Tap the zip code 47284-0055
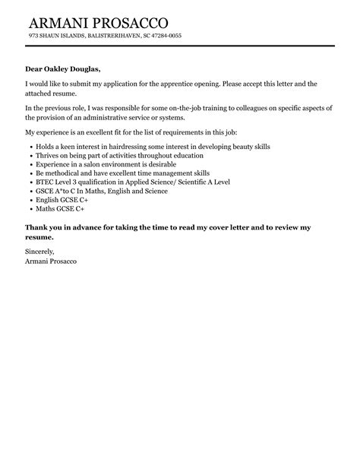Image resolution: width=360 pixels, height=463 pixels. point(166,36)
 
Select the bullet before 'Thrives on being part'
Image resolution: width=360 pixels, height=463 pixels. point(29,154)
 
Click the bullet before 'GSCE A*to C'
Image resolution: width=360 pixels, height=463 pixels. point(29,192)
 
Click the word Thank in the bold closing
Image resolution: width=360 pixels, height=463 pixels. point(39,227)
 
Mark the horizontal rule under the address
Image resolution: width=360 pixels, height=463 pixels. point(179,46)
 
